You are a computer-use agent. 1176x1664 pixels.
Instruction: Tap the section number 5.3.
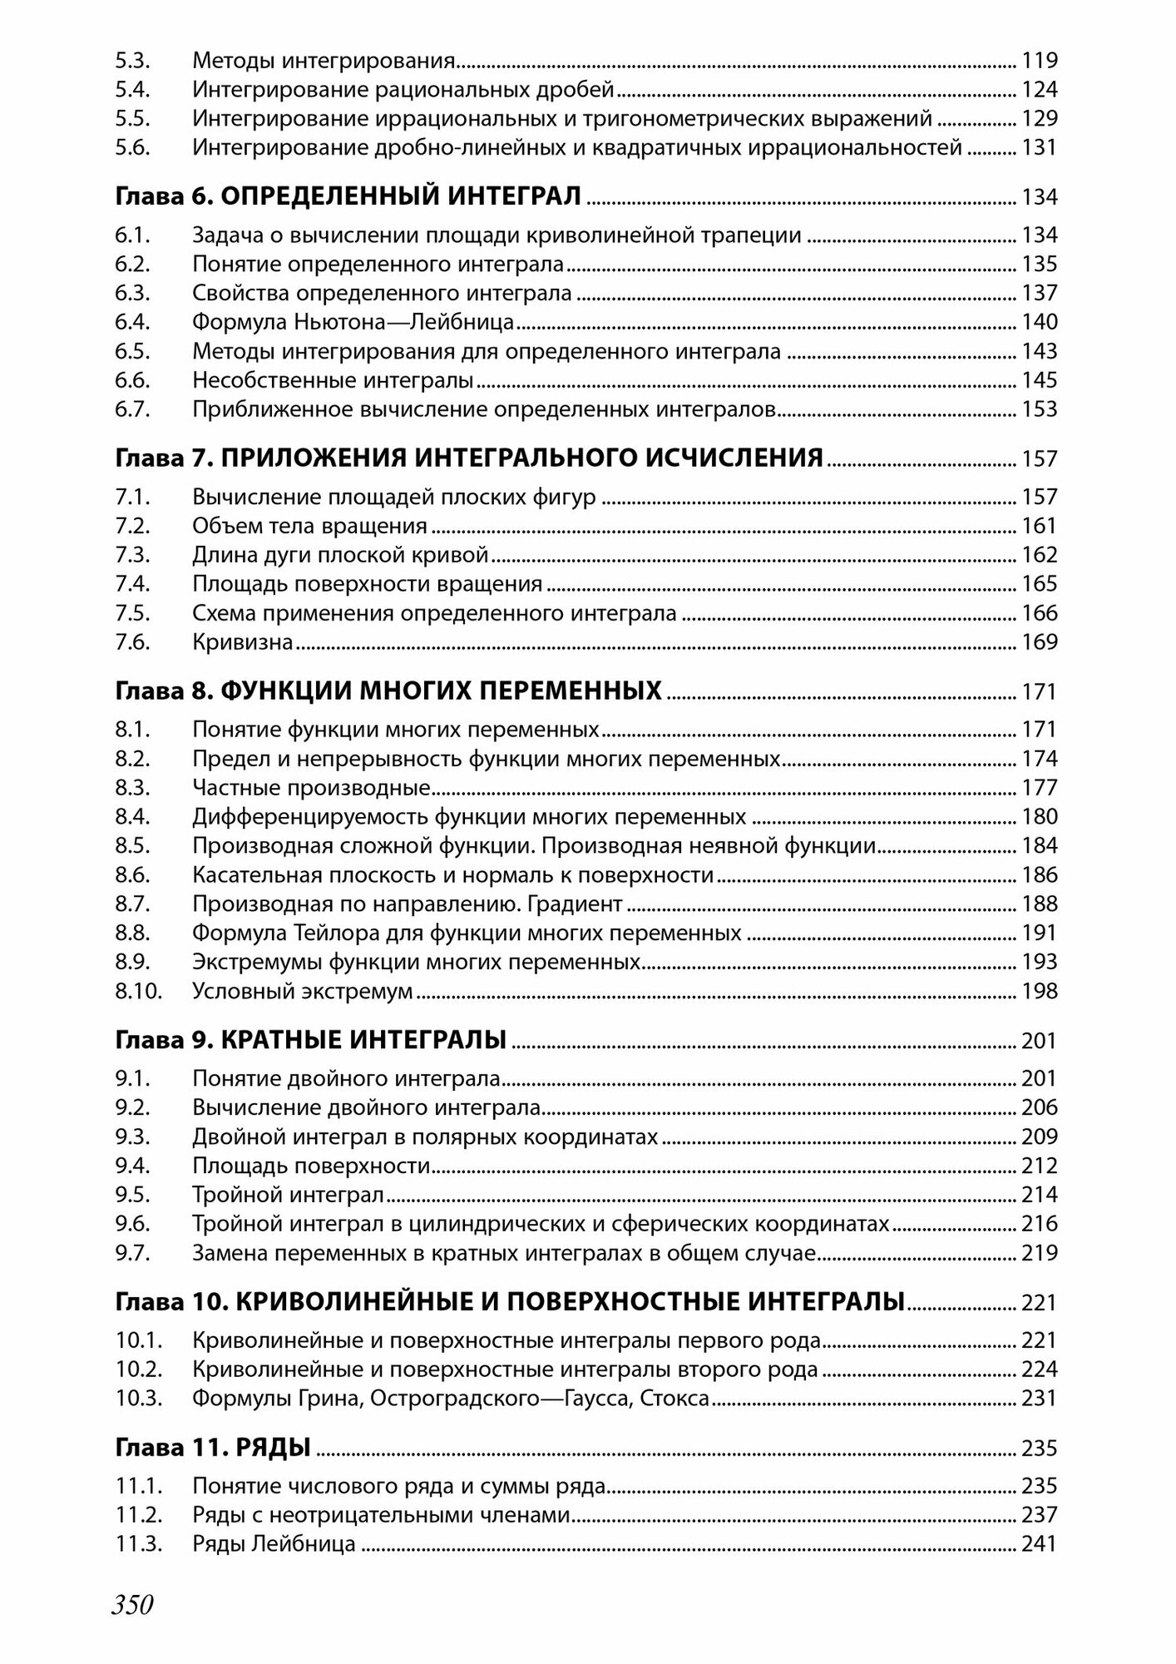(x=131, y=61)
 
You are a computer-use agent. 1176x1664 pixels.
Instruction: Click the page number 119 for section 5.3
(x=1039, y=61)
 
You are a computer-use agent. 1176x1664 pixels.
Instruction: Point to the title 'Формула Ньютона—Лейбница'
(x=353, y=322)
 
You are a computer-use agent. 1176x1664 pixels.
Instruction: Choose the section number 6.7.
(x=131, y=409)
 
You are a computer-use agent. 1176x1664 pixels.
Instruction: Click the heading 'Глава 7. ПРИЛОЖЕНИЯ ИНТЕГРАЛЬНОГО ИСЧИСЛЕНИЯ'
(x=469, y=458)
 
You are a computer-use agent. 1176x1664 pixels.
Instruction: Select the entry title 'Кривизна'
(x=242, y=642)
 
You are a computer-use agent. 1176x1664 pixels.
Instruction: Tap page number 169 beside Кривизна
(x=1039, y=642)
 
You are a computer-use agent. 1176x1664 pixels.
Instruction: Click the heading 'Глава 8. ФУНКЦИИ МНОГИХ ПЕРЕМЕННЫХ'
(x=388, y=691)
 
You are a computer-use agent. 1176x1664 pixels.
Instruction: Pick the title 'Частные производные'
(x=310, y=788)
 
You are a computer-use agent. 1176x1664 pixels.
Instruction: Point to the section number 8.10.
(x=136, y=991)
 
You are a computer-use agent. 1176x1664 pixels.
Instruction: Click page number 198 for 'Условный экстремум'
(x=1039, y=991)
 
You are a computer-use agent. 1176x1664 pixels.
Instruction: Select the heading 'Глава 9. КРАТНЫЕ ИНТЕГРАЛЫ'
(x=311, y=1041)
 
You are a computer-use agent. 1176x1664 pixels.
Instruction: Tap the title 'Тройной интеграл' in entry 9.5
(x=288, y=1195)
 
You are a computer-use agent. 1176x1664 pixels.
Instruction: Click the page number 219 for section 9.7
(x=1039, y=1253)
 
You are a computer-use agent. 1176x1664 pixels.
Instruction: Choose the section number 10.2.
(x=137, y=1369)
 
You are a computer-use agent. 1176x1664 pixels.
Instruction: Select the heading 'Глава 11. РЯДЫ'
(x=213, y=1449)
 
